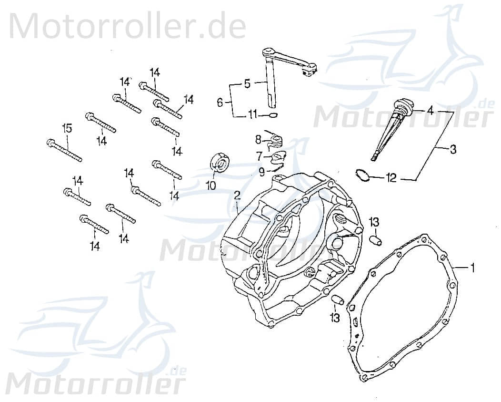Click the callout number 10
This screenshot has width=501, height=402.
pyautogui.click(x=211, y=185)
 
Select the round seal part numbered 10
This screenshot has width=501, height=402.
pyautogui.click(x=220, y=162)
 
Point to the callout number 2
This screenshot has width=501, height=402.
pyautogui.click(x=237, y=196)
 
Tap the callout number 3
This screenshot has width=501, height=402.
pyautogui.click(x=452, y=150)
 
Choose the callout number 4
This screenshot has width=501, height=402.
pyautogui.click(x=430, y=111)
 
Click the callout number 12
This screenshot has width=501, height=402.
pyautogui.click(x=391, y=179)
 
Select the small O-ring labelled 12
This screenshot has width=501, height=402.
pyautogui.click(x=362, y=175)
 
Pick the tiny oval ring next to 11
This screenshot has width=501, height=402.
pyautogui.click(x=272, y=114)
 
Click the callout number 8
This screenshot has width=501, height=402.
pyautogui.click(x=258, y=140)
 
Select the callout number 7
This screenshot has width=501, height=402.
pyautogui.click(x=260, y=156)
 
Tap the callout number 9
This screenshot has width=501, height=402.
pyautogui.click(x=261, y=171)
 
